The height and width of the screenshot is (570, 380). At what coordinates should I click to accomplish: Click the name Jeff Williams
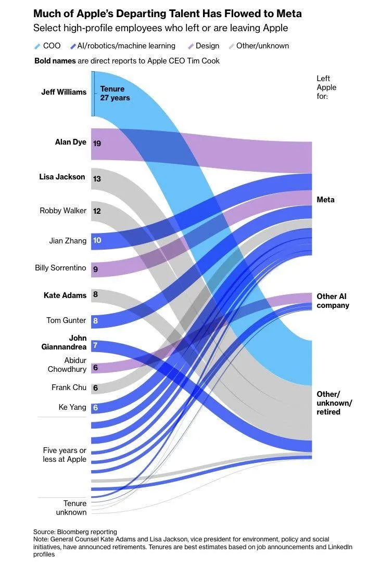click(x=64, y=92)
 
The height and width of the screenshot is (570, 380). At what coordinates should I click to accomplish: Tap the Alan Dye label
click(x=71, y=142)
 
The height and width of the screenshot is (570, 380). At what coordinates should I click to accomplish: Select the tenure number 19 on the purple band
click(x=97, y=143)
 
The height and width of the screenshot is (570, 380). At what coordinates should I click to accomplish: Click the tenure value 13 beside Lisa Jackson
click(x=97, y=179)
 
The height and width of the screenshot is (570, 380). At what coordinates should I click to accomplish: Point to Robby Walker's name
click(x=63, y=211)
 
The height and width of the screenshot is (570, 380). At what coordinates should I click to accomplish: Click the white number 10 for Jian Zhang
click(x=97, y=240)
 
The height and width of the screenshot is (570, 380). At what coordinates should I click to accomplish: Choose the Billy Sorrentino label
click(x=60, y=268)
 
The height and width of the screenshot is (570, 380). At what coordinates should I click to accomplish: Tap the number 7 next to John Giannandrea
click(x=95, y=345)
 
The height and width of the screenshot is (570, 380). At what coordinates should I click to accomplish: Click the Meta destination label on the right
click(x=325, y=200)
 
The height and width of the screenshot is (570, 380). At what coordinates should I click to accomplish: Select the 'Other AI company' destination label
click(x=333, y=301)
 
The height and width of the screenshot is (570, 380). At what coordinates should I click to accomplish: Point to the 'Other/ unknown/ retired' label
click(x=334, y=403)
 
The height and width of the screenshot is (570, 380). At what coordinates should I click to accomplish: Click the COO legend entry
click(x=48, y=46)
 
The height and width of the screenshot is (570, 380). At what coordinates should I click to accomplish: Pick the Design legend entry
click(x=204, y=46)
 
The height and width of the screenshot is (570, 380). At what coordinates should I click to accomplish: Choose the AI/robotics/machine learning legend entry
click(x=123, y=46)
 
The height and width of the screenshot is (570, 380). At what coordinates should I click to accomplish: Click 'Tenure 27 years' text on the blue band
click(x=115, y=94)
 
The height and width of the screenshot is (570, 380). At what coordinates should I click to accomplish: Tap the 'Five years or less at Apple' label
click(x=65, y=455)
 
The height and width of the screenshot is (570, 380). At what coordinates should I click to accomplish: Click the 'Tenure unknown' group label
click(x=71, y=508)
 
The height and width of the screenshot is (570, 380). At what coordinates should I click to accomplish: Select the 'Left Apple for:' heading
click(x=326, y=87)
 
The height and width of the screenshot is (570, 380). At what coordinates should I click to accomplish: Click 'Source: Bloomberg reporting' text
click(x=75, y=532)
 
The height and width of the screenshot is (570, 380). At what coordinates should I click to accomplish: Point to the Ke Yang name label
click(x=72, y=407)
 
